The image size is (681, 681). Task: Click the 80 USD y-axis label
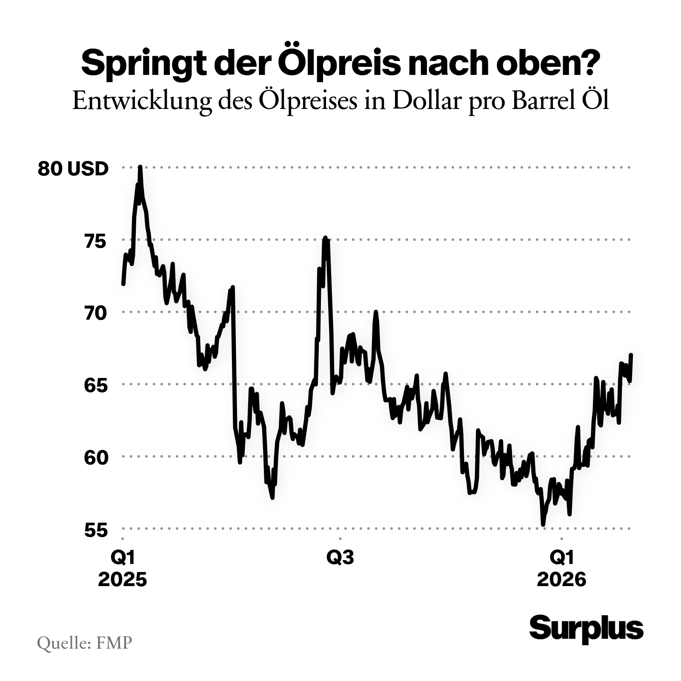coord(73,169)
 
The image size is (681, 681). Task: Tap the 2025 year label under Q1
coord(123,580)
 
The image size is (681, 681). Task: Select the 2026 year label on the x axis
coord(562,580)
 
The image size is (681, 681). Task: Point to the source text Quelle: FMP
coord(84,643)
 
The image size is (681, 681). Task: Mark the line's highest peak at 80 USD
coord(140,167)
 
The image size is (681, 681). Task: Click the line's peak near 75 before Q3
coord(325,237)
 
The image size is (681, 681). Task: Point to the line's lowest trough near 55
coord(543,525)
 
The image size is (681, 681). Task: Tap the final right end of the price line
coord(631,355)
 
